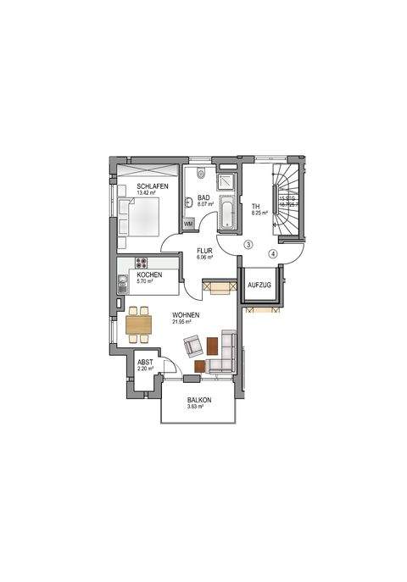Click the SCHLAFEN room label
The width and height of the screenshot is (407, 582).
(153, 186)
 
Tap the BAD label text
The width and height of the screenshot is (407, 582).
(203, 197)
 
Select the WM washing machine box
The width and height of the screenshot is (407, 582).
(188, 224)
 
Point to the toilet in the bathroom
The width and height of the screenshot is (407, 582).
(200, 175)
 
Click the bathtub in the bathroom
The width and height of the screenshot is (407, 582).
(227, 213)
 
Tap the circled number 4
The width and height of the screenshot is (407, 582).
(273, 252)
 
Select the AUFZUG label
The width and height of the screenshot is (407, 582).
(259, 286)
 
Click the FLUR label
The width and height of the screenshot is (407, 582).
(204, 251)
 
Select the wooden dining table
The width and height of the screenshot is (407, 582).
(139, 323)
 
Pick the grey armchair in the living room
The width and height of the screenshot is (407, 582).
(192, 345)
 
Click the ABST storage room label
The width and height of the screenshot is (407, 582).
(145, 362)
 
